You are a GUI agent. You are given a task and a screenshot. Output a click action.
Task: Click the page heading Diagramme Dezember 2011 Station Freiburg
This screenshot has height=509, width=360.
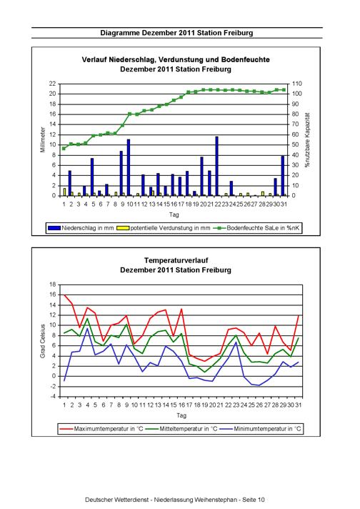[176, 33]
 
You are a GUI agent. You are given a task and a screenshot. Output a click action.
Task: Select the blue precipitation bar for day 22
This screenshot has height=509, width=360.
[216, 166]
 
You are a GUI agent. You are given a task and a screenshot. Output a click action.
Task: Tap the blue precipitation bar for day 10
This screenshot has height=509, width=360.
[129, 167]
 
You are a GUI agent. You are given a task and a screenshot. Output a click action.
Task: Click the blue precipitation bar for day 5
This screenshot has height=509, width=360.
[92, 177]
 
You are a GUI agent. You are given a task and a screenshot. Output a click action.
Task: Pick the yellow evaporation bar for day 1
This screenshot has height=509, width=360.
[64, 192]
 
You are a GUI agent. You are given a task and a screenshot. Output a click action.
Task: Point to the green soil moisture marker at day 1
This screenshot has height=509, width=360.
[64, 149]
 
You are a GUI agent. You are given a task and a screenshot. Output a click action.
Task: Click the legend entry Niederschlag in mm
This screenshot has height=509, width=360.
[81, 228]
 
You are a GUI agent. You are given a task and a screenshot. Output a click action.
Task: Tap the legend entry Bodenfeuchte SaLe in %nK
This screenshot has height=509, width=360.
[256, 228]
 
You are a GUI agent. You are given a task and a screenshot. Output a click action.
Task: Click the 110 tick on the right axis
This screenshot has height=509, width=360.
[297, 84]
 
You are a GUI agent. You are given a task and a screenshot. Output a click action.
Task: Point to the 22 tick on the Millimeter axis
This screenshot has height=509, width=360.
[53, 84]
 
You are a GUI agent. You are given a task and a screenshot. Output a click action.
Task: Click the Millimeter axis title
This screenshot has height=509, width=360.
[43, 139]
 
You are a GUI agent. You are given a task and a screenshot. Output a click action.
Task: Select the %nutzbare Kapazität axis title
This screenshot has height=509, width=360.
[307, 140]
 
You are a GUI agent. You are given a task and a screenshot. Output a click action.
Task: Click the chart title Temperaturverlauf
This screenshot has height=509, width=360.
[176, 260]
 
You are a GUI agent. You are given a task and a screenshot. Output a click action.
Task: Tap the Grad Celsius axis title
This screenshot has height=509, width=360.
[43, 341]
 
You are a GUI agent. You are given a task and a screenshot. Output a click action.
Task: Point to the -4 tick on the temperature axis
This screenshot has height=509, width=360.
[53, 397]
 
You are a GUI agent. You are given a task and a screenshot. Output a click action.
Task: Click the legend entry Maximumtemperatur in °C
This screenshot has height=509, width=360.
[101, 429]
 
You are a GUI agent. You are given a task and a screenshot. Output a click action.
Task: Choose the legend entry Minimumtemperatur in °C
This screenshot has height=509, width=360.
[261, 429]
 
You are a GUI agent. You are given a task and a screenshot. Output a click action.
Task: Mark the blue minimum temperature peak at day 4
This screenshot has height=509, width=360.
[87, 329]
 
